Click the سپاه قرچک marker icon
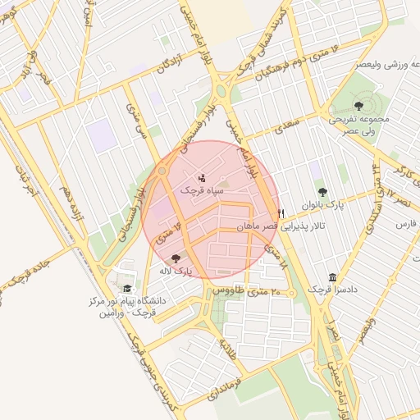[x=203, y=177]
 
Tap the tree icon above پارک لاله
[x=176, y=258]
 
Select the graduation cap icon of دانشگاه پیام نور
[x=127, y=289]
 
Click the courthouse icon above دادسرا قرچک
[x=331, y=277]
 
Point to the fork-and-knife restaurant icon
[x=281, y=213]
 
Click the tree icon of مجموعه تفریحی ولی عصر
[x=358, y=105]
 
